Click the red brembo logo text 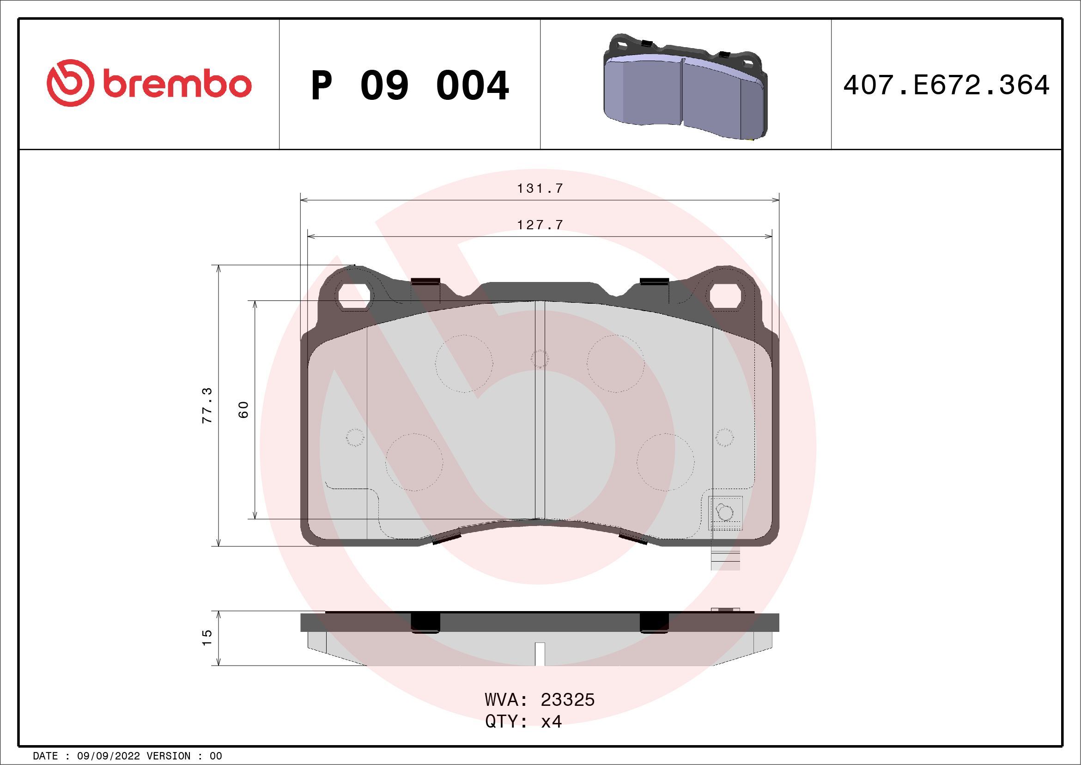tap(176, 85)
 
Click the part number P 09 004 tap(410, 86)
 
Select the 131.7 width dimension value tap(540, 189)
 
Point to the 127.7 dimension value tap(540, 225)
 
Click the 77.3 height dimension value tap(207, 405)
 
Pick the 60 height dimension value tap(243, 410)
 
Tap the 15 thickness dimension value tap(207, 638)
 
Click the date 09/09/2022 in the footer tap(108, 756)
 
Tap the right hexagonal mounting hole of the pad tap(725, 297)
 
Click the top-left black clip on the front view tap(425, 282)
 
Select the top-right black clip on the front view tap(655, 282)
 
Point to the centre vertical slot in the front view tap(540, 410)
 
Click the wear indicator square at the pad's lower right tap(726, 514)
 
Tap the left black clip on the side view tap(425, 623)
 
